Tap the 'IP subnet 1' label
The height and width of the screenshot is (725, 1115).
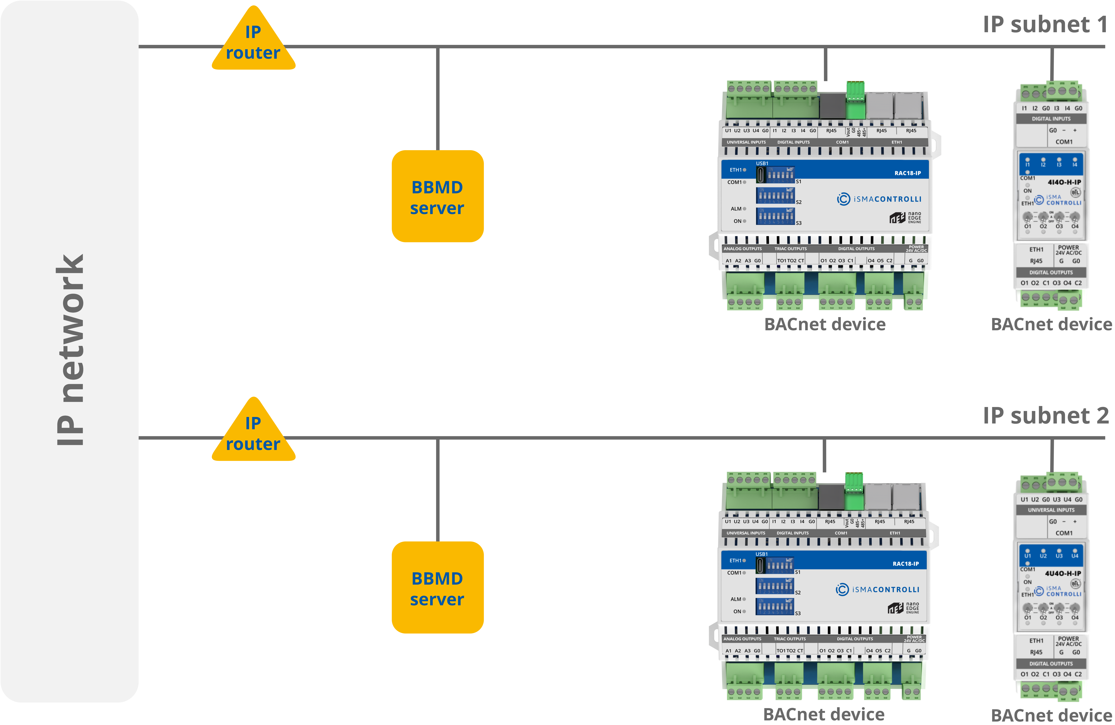1045,24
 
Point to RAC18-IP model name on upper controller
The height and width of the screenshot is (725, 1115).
907,173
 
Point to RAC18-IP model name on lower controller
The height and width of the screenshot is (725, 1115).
906,564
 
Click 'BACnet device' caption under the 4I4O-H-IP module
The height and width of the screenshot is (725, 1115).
1051,324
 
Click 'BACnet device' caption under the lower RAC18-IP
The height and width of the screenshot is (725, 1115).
824,714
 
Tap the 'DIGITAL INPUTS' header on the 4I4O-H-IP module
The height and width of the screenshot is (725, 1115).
1051,119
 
